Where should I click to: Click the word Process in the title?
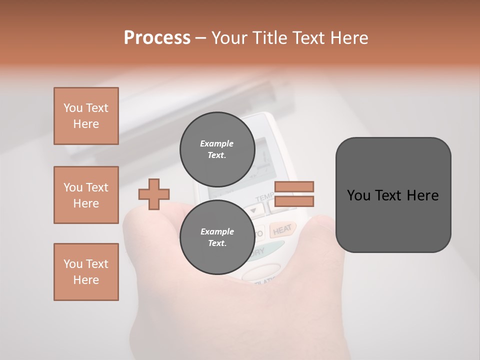pos(157,37)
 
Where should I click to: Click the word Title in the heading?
pos(271,37)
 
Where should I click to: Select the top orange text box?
pos(86,116)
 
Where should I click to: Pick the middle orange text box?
pos(86,195)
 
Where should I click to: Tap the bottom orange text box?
pos(86,272)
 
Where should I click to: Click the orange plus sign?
pos(154,194)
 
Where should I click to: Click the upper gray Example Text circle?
pos(217,149)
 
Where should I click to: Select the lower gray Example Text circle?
pos(217,237)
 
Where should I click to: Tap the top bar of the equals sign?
pos(294,186)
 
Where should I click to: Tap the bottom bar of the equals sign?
pos(294,201)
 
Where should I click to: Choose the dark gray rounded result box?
pos(393,195)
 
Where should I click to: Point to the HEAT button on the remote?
pos(282,229)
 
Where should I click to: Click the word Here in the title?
pos(350,37)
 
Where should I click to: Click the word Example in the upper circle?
pos(216,143)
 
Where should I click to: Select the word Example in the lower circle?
pos(217,231)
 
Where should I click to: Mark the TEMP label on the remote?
pos(265,198)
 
